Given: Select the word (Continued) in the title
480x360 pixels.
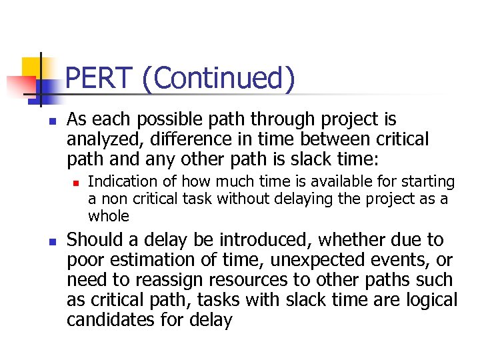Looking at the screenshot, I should point(217,79).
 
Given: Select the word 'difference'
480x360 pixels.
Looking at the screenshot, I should point(177,140).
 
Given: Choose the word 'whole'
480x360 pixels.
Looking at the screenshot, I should point(108,216).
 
